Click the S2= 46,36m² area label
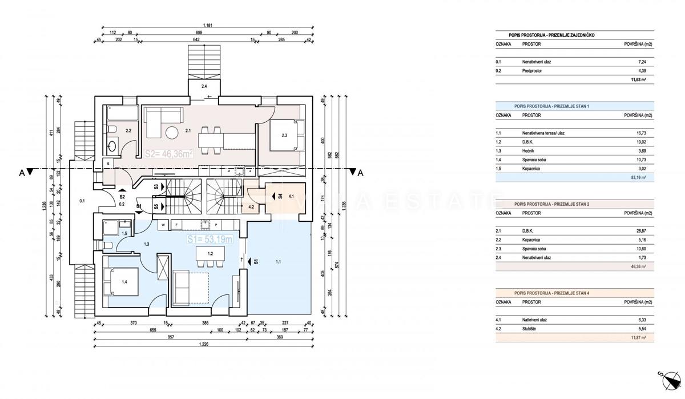pos(168,154)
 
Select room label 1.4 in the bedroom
pos(124,281)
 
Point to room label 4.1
pos(291,197)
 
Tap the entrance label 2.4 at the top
pos(204,87)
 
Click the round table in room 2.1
pos(172,134)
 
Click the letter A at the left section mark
pos(21,174)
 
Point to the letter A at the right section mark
pos(359,174)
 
